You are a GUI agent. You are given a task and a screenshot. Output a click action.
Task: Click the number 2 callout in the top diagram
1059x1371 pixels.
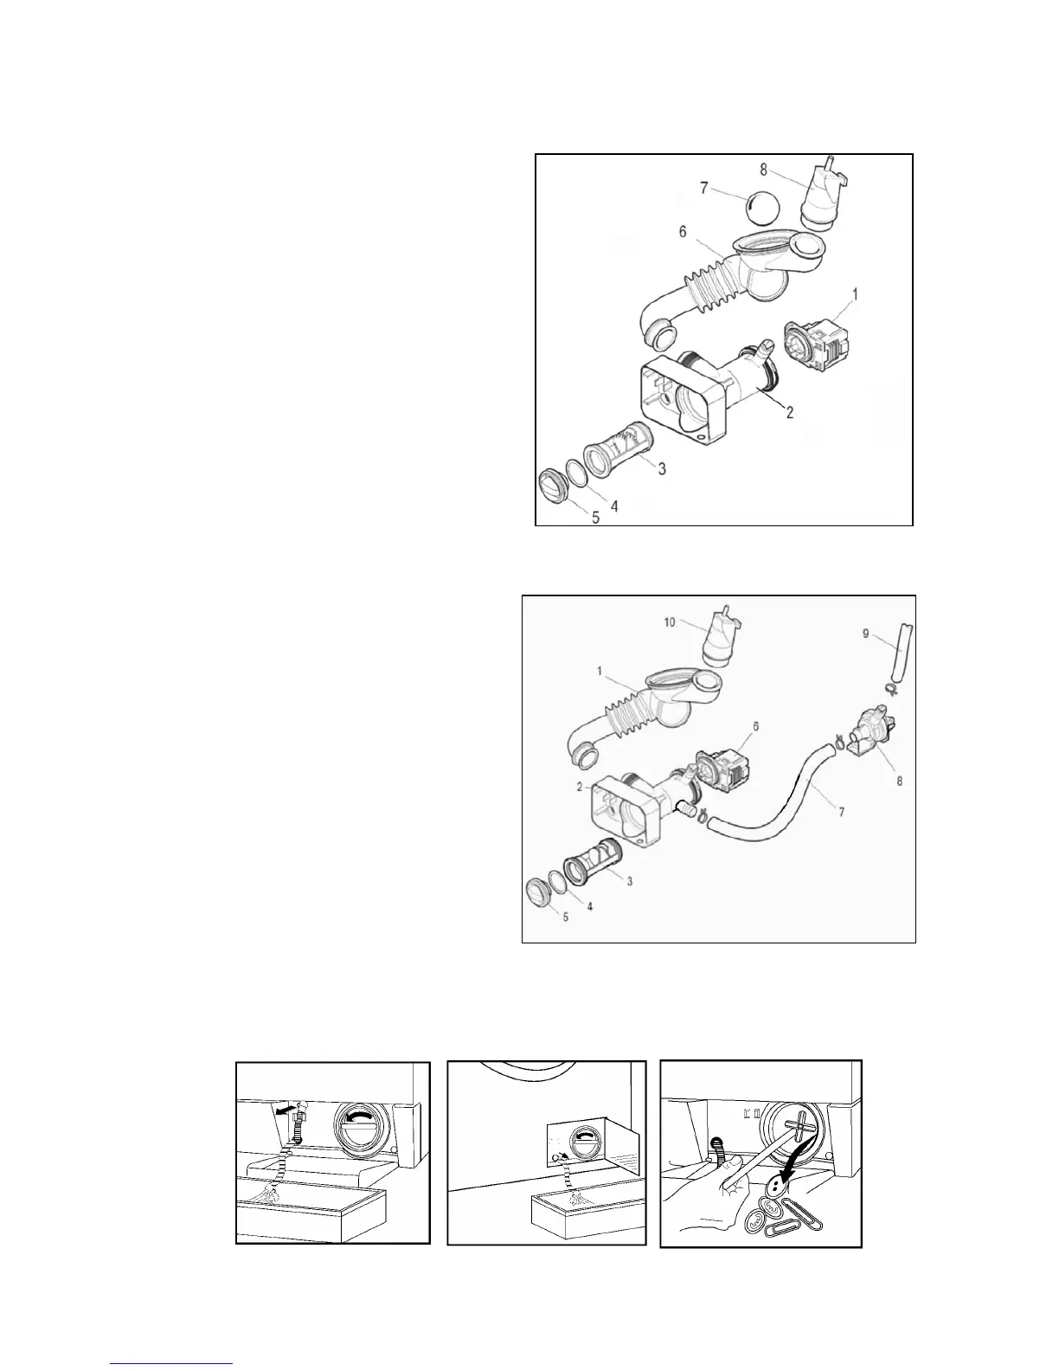click(x=790, y=413)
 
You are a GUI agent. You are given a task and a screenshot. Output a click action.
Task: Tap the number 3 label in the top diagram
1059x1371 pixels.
click(x=661, y=468)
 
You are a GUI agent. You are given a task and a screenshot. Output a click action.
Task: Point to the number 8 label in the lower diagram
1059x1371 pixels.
click(x=899, y=780)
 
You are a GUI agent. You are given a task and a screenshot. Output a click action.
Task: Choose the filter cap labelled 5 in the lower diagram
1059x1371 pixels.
click(x=541, y=891)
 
